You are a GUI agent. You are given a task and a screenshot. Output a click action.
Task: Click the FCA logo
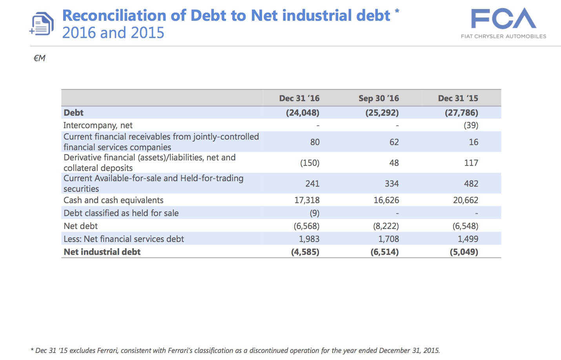click(x=503, y=20)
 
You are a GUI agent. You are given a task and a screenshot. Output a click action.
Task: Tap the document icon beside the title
click(x=42, y=24)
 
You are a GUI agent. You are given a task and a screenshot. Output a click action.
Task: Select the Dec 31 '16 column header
click(x=299, y=98)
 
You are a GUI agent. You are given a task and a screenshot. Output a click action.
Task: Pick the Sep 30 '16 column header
click(x=379, y=98)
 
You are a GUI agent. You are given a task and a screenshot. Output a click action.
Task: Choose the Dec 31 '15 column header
click(x=458, y=98)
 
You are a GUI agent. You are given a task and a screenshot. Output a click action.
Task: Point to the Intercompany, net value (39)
click(x=471, y=125)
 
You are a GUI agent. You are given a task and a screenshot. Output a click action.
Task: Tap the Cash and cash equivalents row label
click(x=113, y=200)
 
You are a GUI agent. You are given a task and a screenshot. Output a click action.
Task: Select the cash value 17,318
click(x=307, y=200)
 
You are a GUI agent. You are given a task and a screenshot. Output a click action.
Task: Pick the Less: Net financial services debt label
click(x=124, y=239)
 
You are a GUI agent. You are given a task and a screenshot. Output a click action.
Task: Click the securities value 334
click(x=392, y=184)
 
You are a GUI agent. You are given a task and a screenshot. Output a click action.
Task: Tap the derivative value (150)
click(x=310, y=163)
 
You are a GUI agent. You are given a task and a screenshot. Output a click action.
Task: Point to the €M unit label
click(x=39, y=58)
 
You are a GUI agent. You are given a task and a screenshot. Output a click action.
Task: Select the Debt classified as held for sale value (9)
click(x=314, y=213)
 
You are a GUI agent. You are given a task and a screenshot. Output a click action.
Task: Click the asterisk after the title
click(x=397, y=11)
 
